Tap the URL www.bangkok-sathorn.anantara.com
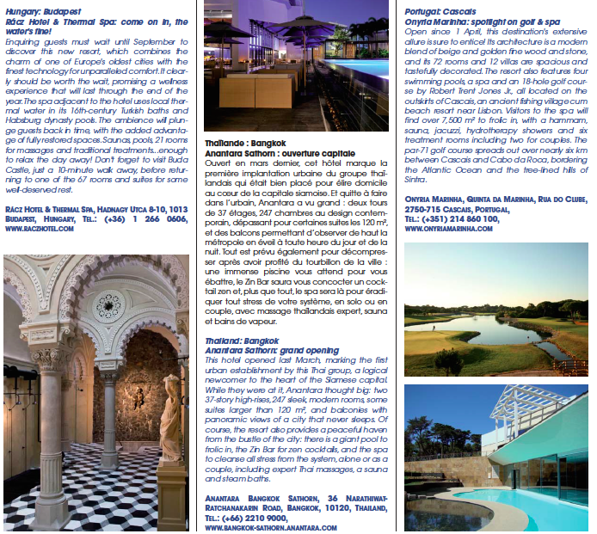pos(271,527)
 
